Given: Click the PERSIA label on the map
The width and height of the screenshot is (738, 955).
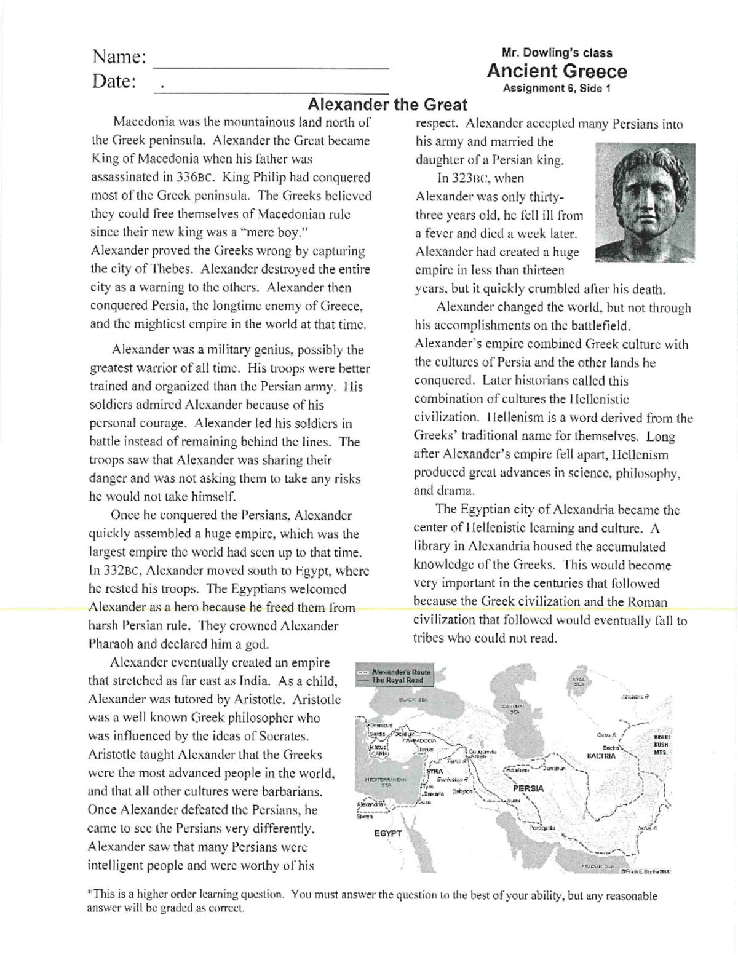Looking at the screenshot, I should tap(528, 788).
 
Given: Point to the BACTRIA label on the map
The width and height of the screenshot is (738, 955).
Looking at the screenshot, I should tap(606, 756).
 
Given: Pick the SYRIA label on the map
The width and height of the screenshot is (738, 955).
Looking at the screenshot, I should tap(434, 771).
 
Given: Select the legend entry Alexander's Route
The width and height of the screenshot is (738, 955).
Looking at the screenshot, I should tap(402, 672).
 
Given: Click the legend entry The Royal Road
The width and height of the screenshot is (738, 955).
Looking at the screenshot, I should tap(397, 680).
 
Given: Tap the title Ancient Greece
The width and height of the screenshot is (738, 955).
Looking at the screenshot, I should tap(557, 71).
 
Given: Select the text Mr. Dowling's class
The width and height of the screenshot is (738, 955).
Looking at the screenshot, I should tap(557, 53).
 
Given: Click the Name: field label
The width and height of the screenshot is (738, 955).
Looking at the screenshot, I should tap(119, 57).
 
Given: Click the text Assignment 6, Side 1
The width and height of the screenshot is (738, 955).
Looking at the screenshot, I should tap(557, 88).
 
